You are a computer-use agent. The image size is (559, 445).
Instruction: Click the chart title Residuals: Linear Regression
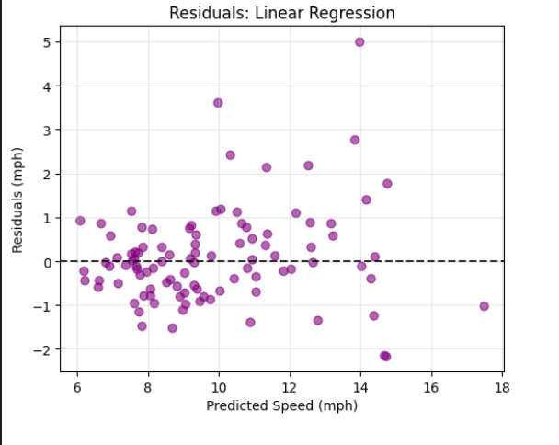click(282, 14)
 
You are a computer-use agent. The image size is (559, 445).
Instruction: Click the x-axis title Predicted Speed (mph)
click(281, 405)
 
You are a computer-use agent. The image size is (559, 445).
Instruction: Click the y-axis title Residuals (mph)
click(17, 199)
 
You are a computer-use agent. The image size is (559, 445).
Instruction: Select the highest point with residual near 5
click(359, 42)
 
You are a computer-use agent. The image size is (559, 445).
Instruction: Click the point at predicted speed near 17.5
click(485, 306)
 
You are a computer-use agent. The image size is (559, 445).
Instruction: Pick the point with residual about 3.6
click(218, 103)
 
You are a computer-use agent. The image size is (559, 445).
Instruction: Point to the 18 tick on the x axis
click(502, 386)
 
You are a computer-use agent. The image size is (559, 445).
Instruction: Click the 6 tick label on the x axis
click(76, 386)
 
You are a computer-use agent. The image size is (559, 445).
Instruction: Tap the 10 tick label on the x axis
click(218, 386)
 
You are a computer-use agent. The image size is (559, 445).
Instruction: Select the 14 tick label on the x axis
click(359, 386)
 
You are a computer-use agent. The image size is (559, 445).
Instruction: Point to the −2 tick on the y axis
click(44, 349)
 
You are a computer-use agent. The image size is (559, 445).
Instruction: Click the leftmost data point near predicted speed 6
click(80, 221)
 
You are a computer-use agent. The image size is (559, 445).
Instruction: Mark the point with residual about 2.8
click(355, 140)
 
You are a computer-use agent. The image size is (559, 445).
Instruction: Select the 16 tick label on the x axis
click(431, 386)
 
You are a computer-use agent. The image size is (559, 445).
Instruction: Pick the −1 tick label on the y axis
click(44, 306)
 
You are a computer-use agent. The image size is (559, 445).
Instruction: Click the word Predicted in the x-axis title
click(234, 405)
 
